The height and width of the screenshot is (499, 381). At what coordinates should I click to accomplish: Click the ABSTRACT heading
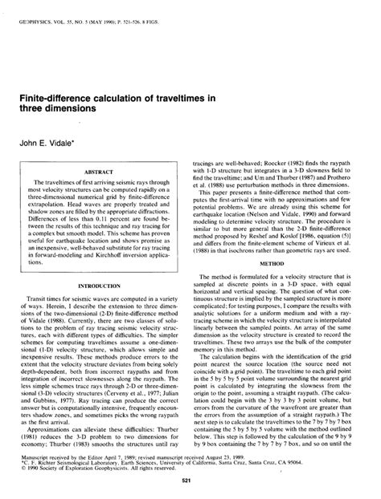[104, 172]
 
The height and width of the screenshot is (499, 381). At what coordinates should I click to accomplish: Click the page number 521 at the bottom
[190, 479]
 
